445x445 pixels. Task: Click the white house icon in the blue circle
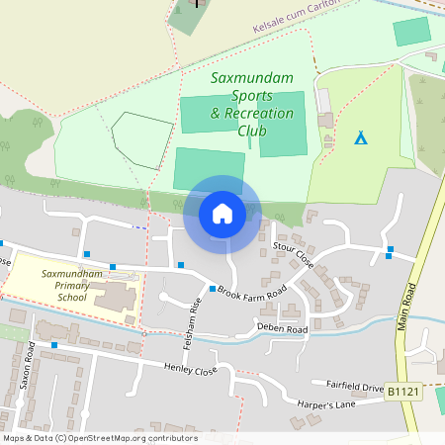(x=222, y=212)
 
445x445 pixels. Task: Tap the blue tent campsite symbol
(x=361, y=137)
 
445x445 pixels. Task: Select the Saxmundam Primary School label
(x=71, y=284)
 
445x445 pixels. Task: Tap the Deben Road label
(x=283, y=326)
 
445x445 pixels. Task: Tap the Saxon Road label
(x=29, y=366)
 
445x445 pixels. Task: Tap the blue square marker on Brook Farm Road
(x=213, y=289)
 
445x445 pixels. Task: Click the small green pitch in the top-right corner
(x=411, y=32)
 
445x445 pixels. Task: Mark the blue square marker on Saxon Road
(x=53, y=344)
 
